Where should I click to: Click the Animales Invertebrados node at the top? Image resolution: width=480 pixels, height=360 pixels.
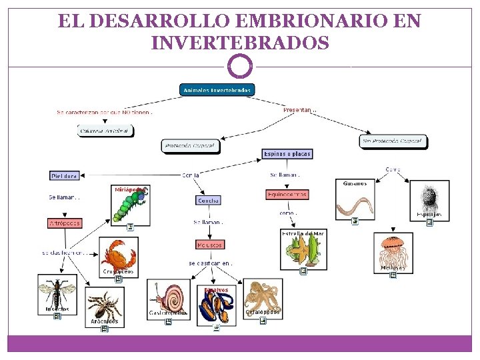217,90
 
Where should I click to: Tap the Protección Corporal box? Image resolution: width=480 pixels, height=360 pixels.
190,145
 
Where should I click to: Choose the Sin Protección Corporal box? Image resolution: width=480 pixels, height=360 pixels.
393,141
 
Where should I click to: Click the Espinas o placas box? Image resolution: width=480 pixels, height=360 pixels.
287,154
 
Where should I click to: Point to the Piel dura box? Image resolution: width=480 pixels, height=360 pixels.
65,176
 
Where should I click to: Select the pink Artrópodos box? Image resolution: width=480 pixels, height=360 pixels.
65,223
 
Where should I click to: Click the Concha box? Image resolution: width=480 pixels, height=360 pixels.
208,200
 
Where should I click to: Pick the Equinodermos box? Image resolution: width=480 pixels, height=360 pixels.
287,195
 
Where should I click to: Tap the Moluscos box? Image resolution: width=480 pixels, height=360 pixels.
209,245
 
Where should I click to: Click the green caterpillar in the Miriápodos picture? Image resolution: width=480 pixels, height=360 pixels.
129,205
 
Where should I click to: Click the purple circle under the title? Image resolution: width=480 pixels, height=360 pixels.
240,67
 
